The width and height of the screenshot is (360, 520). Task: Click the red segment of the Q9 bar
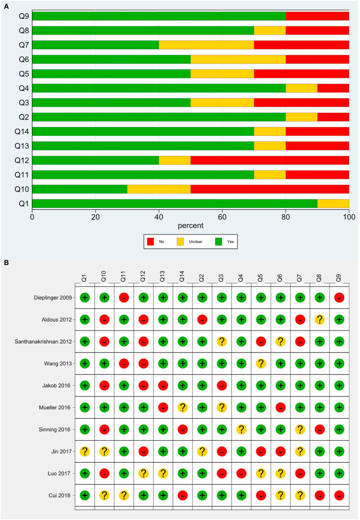317,16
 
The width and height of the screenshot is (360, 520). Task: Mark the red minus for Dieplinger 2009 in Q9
339,298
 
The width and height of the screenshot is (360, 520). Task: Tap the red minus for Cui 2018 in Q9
339,495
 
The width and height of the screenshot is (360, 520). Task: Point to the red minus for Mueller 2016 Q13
163,407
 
